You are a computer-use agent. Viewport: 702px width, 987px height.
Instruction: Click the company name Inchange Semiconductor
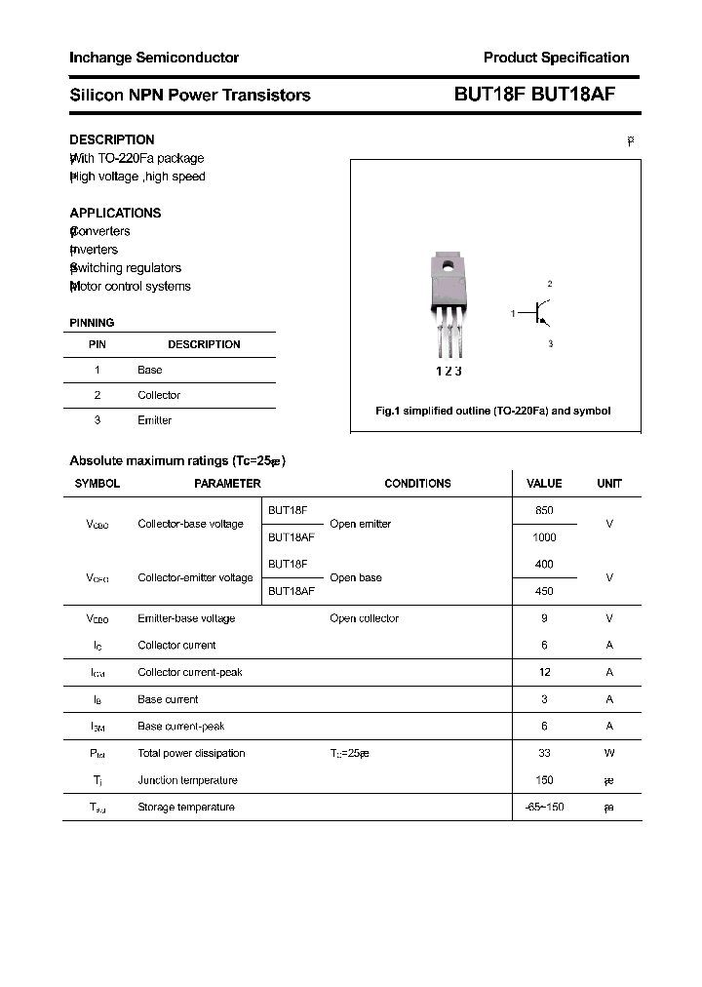click(154, 58)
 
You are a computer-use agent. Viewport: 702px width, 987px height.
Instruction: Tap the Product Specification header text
click(556, 58)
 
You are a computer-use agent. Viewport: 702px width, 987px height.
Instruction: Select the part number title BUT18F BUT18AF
click(533, 95)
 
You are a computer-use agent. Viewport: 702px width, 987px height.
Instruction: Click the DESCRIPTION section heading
click(111, 139)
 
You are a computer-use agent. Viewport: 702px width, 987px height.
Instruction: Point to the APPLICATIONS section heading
click(115, 213)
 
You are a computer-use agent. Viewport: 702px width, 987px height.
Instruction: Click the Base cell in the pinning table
click(150, 370)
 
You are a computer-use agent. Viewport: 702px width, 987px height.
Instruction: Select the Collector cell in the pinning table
click(159, 395)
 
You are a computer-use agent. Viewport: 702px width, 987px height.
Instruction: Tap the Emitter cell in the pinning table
click(155, 420)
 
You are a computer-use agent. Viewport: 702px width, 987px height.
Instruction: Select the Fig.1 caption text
click(493, 411)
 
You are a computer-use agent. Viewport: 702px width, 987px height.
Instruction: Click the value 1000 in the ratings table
click(544, 537)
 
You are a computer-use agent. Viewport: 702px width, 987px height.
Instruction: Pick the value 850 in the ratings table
click(544, 510)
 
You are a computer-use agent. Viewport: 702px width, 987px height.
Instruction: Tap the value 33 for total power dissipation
click(544, 753)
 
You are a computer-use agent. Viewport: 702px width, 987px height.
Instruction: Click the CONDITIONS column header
click(417, 483)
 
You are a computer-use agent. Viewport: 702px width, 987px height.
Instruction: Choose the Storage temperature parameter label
click(186, 807)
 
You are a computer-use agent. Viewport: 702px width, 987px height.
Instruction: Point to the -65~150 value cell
click(544, 807)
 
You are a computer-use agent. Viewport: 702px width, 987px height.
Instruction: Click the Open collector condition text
click(364, 618)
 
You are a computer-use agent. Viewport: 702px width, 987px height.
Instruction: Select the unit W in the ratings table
click(608, 753)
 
